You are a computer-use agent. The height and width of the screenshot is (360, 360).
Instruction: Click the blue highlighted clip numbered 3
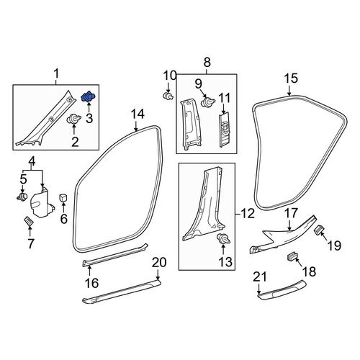[x=89, y=96]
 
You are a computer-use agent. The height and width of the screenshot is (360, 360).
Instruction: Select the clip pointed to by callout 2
[x=73, y=120]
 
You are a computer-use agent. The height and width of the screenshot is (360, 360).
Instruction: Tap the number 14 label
[x=138, y=114]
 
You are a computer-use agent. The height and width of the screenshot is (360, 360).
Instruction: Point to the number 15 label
[x=291, y=78]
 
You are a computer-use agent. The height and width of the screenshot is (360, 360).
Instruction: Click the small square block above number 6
[x=63, y=197]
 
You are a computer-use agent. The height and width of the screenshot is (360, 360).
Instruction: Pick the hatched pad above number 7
[x=29, y=220]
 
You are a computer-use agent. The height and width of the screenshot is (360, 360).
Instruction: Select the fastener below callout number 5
[x=22, y=197]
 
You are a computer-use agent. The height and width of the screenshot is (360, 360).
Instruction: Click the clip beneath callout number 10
[x=168, y=96]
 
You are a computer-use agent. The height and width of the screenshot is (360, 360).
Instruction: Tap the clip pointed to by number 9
[x=207, y=102]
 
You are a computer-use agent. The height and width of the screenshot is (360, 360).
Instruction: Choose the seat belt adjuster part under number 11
[x=225, y=130]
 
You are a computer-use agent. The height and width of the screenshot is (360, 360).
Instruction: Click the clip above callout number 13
[x=223, y=238]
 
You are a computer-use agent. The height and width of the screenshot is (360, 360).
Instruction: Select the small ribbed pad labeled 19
[x=320, y=230]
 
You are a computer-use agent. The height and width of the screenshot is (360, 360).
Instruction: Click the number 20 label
[x=159, y=262]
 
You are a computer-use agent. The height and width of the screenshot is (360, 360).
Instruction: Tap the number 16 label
[x=91, y=284]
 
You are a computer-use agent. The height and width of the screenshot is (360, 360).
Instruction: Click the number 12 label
[x=248, y=213]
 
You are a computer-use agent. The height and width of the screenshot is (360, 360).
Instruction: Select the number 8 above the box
[x=207, y=63]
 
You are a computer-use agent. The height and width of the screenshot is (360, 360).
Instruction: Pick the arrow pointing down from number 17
[x=289, y=225]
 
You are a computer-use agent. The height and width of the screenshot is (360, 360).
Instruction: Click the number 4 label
[x=32, y=161]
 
